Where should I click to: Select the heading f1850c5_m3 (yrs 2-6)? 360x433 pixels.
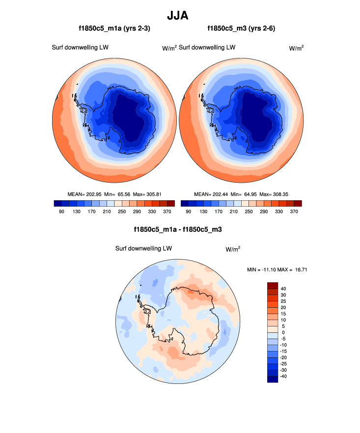click(x=242, y=29)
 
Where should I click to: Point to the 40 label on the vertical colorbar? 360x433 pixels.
click(x=283, y=289)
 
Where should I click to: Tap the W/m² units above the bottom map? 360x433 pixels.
click(x=233, y=249)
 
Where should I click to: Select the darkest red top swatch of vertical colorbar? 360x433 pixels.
click(x=273, y=286)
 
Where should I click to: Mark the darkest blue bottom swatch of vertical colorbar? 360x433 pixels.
click(x=273, y=379)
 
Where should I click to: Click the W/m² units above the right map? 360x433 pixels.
click(x=296, y=48)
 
